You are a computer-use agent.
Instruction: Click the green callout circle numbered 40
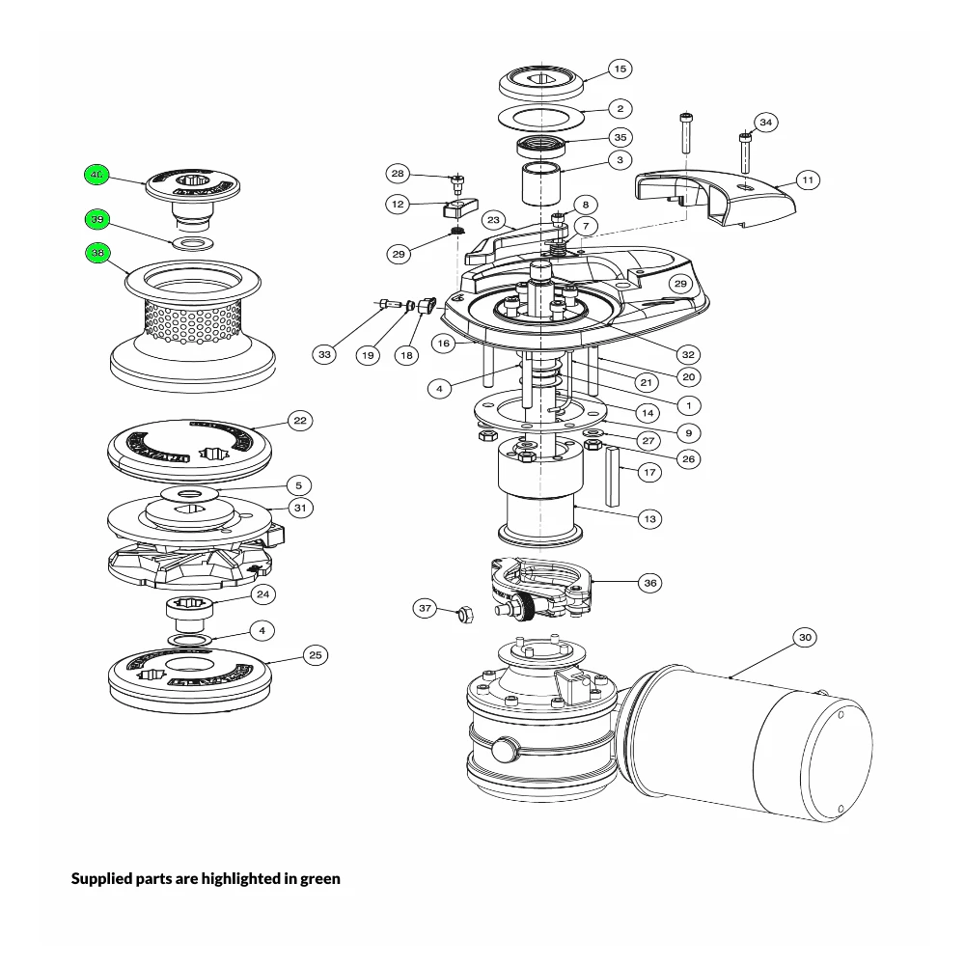96,175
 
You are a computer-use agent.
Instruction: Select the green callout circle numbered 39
96,220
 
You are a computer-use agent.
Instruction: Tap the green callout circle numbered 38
96,253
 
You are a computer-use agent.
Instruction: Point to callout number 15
620,69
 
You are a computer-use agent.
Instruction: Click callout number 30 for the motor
806,637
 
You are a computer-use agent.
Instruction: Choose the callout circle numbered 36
649,583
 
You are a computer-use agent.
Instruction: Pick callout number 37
426,608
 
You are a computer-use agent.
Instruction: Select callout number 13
649,519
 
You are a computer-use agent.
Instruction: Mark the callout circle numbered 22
300,421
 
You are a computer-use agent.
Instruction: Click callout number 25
315,655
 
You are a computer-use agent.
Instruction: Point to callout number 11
808,179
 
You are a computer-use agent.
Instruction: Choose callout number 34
765,123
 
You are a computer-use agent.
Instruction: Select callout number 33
324,355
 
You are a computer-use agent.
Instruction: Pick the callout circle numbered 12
398,205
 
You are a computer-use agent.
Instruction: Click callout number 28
398,174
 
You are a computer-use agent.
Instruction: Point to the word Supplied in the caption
103,879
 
